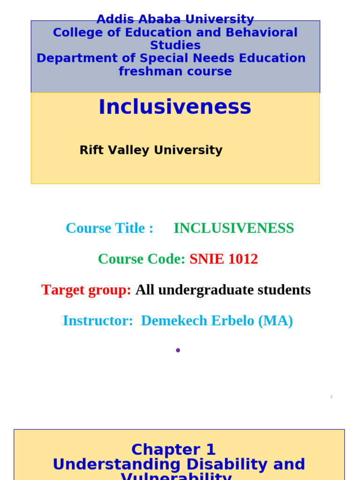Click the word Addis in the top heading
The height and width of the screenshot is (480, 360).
(112, 20)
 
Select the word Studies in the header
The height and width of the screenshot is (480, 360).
(175, 45)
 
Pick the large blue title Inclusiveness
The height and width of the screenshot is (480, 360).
(175, 107)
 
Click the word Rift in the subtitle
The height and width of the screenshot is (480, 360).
(89, 150)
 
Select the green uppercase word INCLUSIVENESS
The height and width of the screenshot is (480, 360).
(233, 228)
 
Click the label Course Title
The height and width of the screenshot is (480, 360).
(109, 228)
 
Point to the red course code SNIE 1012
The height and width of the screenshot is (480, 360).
(224, 259)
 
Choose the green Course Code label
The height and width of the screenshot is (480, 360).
(141, 259)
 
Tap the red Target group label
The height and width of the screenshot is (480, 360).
(86, 290)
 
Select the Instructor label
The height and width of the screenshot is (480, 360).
(97, 321)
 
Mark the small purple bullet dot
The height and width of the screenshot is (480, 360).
(178, 350)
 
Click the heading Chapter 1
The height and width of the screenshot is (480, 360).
(173, 450)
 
